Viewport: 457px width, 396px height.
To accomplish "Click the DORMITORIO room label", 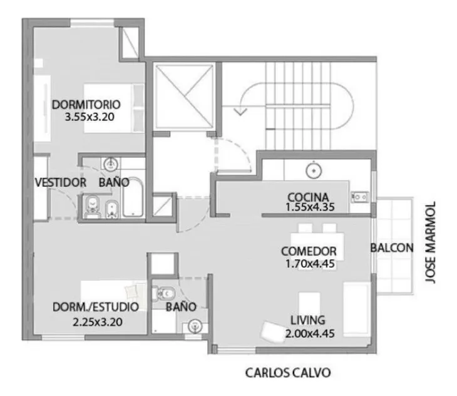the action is pos(86,105).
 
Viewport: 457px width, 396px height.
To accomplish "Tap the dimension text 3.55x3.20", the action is pos(90,117).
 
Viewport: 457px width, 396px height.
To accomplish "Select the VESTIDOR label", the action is pos(61,182).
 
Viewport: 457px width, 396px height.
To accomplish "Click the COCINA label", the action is pos(308,197).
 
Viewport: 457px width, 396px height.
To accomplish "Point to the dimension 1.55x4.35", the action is pos(310,207).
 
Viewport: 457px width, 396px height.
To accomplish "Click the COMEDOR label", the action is pos(309,251).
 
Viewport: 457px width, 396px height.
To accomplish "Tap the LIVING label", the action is pos(308,320).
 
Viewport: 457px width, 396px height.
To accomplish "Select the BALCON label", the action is pos(392,248).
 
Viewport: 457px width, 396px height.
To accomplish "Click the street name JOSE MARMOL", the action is pos(431,242).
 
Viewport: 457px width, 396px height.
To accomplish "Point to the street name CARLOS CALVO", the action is pos(288,373).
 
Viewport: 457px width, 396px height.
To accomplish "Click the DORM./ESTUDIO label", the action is pos(96,307).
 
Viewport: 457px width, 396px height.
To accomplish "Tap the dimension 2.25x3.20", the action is pos(97,322).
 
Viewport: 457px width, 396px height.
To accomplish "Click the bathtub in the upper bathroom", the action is pos(133,197).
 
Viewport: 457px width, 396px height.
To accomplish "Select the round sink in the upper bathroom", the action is pos(110,165).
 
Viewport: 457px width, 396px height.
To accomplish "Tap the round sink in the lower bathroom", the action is pos(195,326).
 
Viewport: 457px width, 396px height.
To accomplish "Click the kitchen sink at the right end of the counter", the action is pos(360,197).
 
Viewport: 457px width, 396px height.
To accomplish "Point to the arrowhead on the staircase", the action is pos(240,112).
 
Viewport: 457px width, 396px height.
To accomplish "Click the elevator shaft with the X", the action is pos(185,96).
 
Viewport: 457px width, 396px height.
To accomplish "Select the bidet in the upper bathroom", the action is pos(111,209).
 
